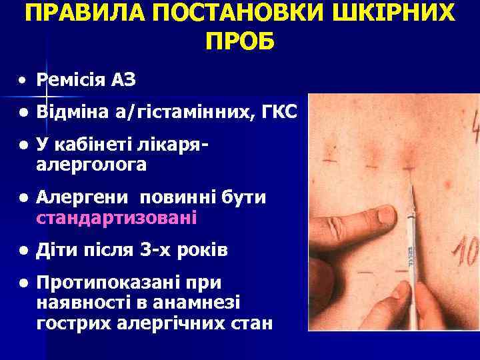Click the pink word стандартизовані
(x=117, y=217)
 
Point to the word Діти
(x=61, y=251)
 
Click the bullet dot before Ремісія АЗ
(x=23, y=80)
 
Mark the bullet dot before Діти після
(x=23, y=251)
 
